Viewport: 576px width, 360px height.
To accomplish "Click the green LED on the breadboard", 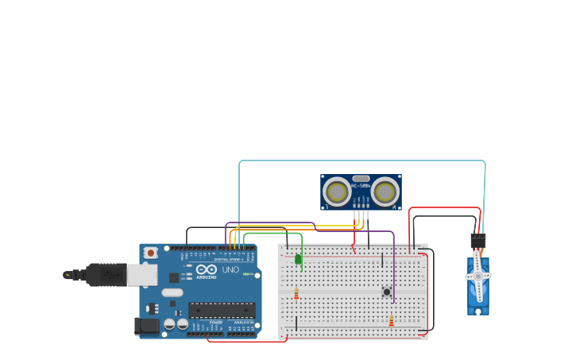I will pyautogui.click(x=298, y=259).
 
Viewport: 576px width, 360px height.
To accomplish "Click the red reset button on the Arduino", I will pyautogui.click(x=150, y=253).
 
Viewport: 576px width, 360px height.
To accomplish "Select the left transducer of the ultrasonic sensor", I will pyautogui.click(x=337, y=192).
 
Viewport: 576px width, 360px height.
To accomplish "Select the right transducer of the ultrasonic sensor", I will pyautogui.click(x=385, y=192).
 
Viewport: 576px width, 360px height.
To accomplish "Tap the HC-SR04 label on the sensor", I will pyautogui.click(x=361, y=186).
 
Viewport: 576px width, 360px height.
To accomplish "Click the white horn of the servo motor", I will pyautogui.click(x=477, y=275).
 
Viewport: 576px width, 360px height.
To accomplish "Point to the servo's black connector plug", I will pyautogui.click(x=477, y=240).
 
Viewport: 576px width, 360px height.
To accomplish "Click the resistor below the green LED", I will pyautogui.click(x=296, y=294).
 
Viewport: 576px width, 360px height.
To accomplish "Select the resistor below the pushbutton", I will pyautogui.click(x=391, y=320).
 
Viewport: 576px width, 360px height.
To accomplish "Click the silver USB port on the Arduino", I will pyautogui.click(x=142, y=275).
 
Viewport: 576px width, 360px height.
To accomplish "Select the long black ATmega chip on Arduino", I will pyautogui.click(x=222, y=310).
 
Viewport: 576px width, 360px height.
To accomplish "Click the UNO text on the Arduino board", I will pyautogui.click(x=230, y=270).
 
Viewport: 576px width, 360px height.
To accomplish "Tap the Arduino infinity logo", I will pyautogui.click(x=206, y=269).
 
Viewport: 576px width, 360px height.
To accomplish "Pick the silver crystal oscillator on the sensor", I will pyautogui.click(x=361, y=179).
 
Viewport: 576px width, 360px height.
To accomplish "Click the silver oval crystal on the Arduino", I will pyautogui.click(x=172, y=292).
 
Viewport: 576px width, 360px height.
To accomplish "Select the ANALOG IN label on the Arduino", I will pyautogui.click(x=244, y=322).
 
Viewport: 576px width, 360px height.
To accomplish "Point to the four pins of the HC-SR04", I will pyautogui.click(x=361, y=215).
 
